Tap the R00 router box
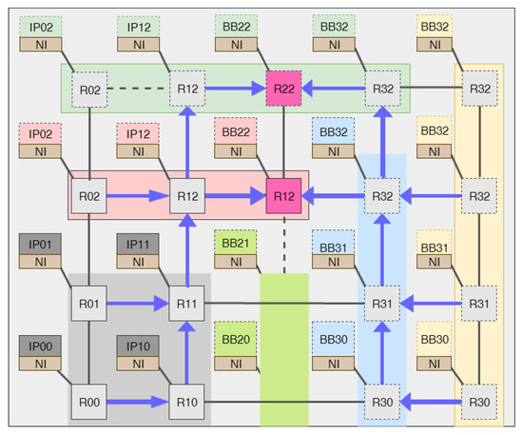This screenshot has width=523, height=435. point(89,402)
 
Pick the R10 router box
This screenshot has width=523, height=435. point(186,402)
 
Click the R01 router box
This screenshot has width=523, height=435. point(89,304)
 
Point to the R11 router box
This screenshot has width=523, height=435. point(186,304)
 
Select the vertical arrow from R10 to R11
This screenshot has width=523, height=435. point(186,352)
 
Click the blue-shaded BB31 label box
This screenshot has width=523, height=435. point(333,244)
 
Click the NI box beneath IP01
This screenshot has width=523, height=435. point(39,260)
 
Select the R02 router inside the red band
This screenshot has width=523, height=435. point(89,196)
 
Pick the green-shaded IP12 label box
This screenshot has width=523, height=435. point(137,26)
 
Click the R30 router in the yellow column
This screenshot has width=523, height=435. point(480,402)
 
